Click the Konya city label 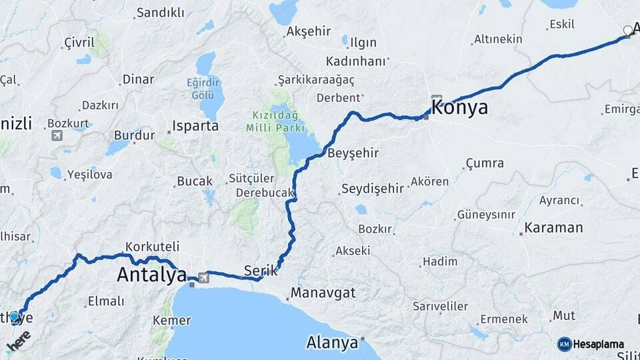click(x=460, y=107)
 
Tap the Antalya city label click(x=151, y=273)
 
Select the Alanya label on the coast click(x=332, y=343)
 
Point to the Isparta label click(x=195, y=125)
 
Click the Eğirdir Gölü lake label click(x=203, y=88)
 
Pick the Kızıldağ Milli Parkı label click(x=275, y=121)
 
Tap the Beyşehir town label click(x=353, y=153)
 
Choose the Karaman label click(x=553, y=228)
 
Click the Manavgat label click(x=323, y=293)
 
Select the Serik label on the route click(x=260, y=270)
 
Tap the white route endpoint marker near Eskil click(x=627, y=31)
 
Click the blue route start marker click(x=14, y=316)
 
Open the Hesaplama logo click(x=591, y=344)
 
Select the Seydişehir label click(x=373, y=189)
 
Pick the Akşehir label click(x=309, y=31)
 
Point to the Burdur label click(x=134, y=135)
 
